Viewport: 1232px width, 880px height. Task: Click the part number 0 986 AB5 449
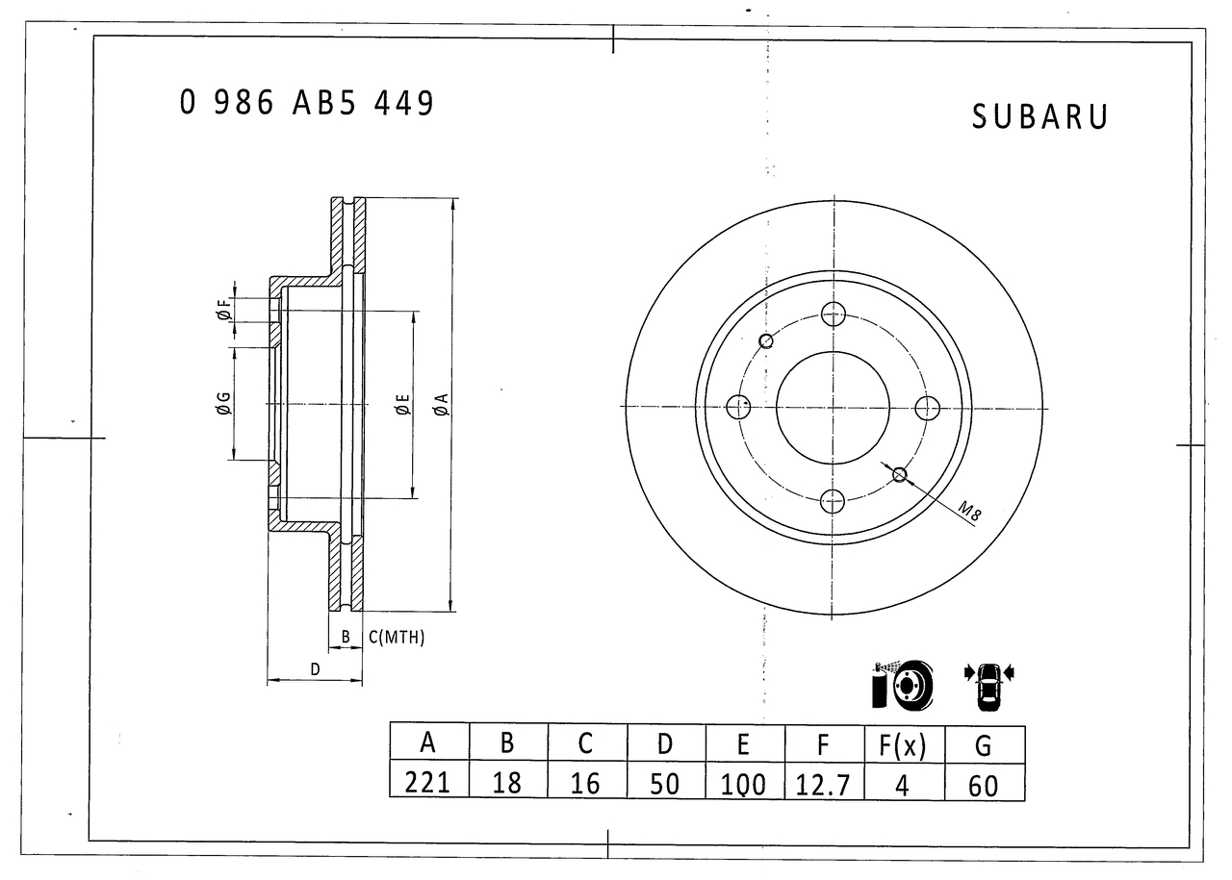click(x=306, y=103)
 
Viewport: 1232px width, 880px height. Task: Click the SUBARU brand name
click(x=1039, y=117)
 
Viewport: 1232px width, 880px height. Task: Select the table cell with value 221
click(x=428, y=783)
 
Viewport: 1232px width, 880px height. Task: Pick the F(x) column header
click(x=903, y=744)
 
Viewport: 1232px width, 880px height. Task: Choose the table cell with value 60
click(x=983, y=785)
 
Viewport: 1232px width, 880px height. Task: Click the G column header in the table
click(x=983, y=744)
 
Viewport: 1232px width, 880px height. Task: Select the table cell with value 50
click(x=665, y=783)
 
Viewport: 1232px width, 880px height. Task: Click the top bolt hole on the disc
click(x=833, y=314)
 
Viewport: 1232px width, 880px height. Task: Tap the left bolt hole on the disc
click(x=738, y=407)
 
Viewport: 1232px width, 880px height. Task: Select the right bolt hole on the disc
click(x=927, y=407)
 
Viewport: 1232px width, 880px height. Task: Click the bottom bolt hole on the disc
click(x=833, y=500)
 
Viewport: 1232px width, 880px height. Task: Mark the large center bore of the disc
click(x=833, y=407)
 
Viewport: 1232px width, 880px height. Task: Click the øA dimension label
click(x=440, y=405)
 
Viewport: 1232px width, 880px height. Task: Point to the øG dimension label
click(x=222, y=405)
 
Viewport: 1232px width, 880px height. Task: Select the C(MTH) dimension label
click(x=397, y=638)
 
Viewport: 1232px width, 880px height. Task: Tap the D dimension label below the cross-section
click(x=315, y=669)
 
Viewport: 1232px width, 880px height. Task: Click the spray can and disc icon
click(x=902, y=685)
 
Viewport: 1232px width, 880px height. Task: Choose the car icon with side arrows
click(x=988, y=686)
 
